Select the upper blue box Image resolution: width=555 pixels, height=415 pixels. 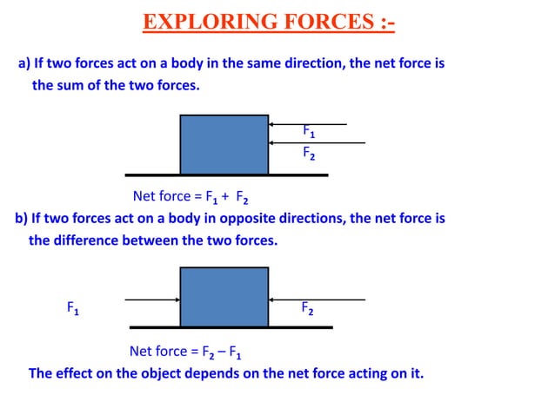tap(224, 144)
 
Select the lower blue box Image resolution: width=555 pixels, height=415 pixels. tap(224, 296)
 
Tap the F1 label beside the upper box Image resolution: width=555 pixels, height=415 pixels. tap(309, 132)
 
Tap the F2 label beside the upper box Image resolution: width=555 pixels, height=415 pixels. tap(309, 154)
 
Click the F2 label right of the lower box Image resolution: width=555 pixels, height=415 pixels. tap(308, 307)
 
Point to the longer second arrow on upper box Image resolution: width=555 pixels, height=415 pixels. tap(317, 142)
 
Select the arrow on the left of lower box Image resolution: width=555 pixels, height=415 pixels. tap(152, 300)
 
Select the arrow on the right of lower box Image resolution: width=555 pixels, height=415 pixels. tap(317, 300)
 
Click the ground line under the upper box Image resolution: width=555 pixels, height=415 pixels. tap(226, 175)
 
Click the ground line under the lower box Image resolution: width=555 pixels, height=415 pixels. tap(231, 327)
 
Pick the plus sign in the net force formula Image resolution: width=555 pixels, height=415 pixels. tap(225, 195)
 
